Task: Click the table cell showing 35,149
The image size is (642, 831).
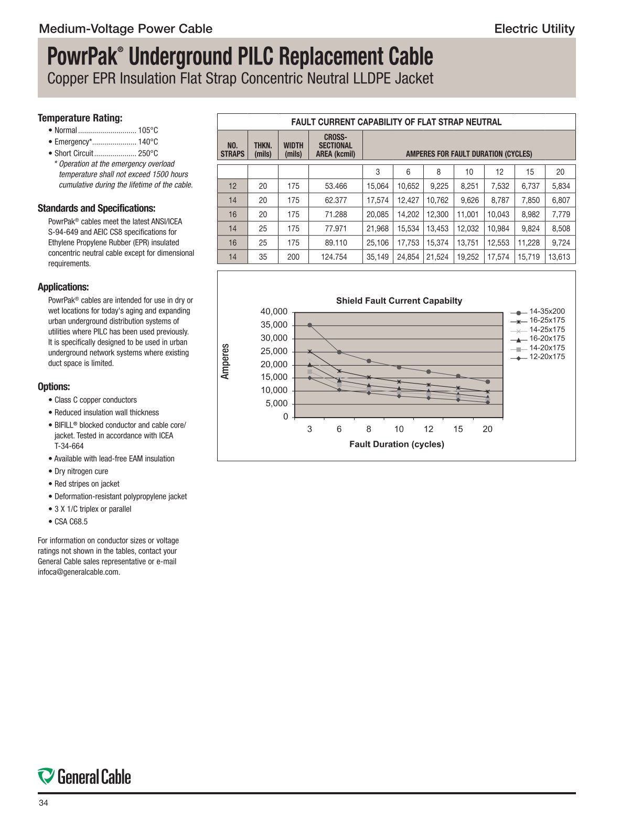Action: tap(378, 257)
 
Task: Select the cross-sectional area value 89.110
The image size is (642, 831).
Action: tap(336, 243)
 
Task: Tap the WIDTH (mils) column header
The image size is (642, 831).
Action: tap(293, 150)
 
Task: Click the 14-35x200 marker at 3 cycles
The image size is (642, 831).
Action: tap(310, 325)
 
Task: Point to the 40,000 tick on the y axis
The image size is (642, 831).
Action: tap(274, 312)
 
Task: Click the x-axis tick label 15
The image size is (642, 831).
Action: tap(458, 429)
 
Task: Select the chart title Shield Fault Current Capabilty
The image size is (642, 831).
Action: tap(399, 301)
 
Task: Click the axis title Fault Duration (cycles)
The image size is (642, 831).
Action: tap(397, 444)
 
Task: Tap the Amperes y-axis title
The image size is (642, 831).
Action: tap(226, 361)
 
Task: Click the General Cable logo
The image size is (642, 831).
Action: tap(84, 776)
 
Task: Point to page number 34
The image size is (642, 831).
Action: tap(44, 803)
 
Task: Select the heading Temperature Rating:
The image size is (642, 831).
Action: tap(80, 118)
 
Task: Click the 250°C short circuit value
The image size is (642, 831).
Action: tap(148, 153)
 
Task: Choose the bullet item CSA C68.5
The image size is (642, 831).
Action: tap(71, 521)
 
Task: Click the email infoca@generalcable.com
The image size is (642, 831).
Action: tap(79, 572)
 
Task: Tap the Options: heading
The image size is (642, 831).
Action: tap(53, 387)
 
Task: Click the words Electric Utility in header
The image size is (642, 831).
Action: tap(534, 29)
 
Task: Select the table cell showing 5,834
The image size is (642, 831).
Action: tap(560, 186)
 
